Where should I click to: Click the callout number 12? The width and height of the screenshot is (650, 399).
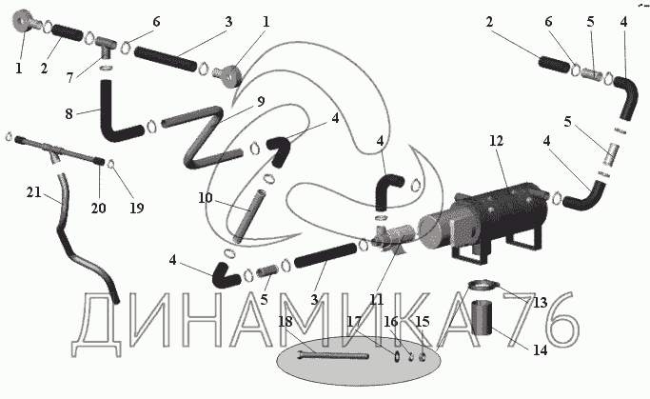pyautogui.click(x=496, y=141)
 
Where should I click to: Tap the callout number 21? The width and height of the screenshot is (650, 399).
pyautogui.click(x=34, y=192)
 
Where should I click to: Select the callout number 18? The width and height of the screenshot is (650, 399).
pyautogui.click(x=286, y=322)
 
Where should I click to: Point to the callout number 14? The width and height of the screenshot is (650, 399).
pyautogui.click(x=540, y=350)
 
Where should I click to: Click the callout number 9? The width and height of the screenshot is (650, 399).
pyautogui.click(x=261, y=102)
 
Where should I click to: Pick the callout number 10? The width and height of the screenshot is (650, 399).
pyautogui.click(x=205, y=198)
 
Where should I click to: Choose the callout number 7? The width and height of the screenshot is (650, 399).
pyautogui.click(x=70, y=77)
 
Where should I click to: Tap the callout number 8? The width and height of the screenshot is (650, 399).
pyautogui.click(x=69, y=113)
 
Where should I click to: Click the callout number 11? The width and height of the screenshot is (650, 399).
pyautogui.click(x=377, y=299)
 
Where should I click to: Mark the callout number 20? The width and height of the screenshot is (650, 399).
pyautogui.click(x=98, y=208)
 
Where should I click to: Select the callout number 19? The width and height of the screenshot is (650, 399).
pyautogui.click(x=137, y=208)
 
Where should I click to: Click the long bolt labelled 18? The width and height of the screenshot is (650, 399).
pyautogui.click(x=333, y=355)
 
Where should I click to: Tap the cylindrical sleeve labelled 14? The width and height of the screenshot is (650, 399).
pyautogui.click(x=482, y=318)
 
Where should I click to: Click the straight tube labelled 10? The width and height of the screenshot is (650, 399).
pyautogui.click(x=248, y=216)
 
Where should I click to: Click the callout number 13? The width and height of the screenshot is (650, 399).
pyautogui.click(x=541, y=303)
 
